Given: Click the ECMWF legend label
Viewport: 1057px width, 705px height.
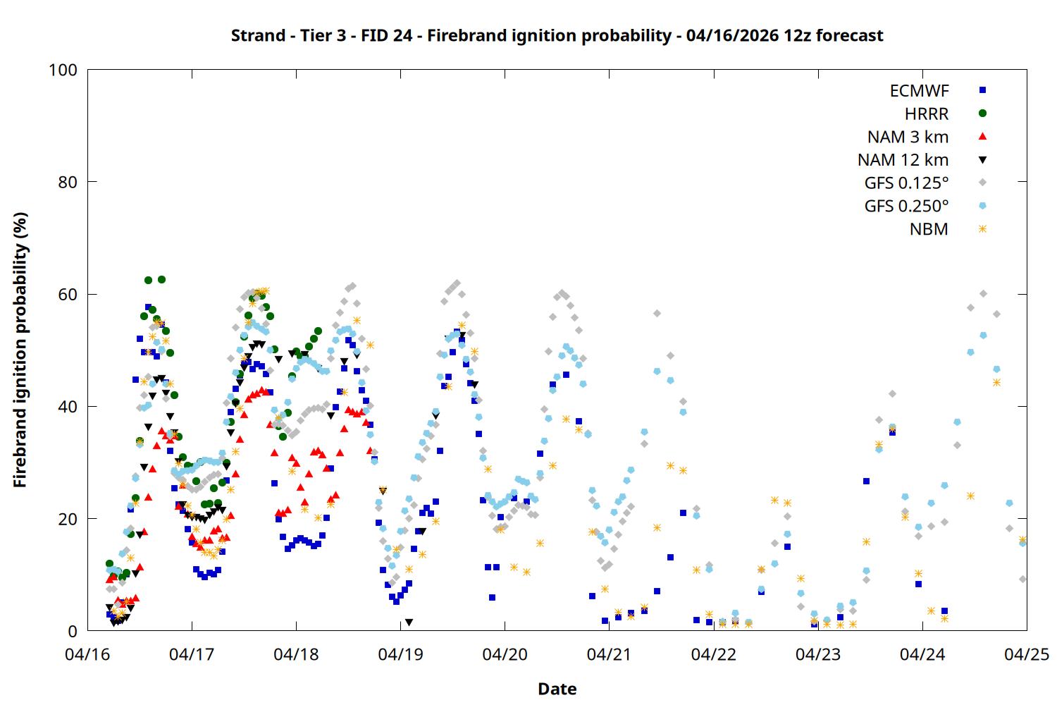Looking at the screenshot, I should (919, 91).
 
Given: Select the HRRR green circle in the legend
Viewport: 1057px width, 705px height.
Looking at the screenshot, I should (982, 114).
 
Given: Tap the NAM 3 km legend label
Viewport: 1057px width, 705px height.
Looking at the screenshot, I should (908, 137).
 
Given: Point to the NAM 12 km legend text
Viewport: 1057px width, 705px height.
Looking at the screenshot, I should (903, 160).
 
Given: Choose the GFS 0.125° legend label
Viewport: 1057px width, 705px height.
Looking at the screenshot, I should (906, 183).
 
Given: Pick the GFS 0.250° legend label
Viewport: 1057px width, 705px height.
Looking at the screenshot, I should (906, 207).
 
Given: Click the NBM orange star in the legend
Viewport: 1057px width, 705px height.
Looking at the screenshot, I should (982, 229).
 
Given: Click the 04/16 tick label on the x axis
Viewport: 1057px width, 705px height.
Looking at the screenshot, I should (87, 654).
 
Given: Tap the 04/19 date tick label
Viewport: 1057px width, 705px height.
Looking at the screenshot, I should (400, 654).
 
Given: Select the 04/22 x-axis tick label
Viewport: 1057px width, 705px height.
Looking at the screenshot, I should (713, 654).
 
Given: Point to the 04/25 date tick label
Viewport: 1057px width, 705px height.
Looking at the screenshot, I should (1027, 654).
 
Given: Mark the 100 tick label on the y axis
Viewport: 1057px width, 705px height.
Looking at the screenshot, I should (63, 70).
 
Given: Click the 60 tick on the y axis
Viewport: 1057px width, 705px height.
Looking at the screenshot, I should (68, 295).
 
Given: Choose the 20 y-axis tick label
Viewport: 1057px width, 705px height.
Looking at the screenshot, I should (68, 519).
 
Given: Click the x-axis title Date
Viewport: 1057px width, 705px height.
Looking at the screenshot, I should (557, 689).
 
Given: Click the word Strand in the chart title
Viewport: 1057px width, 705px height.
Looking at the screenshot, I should (258, 35).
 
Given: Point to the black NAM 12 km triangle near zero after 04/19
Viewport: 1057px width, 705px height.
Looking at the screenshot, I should (409, 623).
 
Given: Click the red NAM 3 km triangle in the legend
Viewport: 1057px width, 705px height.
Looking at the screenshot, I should (982, 136).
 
